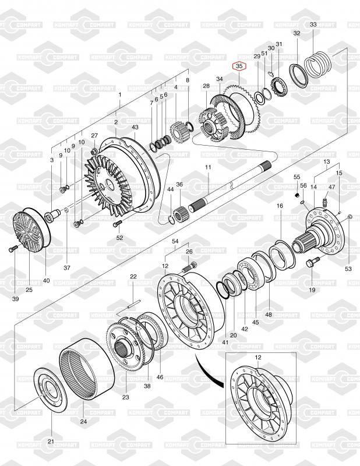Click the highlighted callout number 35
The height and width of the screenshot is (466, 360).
238,67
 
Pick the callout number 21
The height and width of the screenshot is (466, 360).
51,441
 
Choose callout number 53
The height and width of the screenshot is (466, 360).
348,269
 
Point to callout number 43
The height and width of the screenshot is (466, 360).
135,127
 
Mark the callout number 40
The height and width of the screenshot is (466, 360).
46,280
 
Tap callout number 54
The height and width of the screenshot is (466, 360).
175,241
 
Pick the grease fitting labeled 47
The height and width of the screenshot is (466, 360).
325,202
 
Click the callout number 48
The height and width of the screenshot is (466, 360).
269,315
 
